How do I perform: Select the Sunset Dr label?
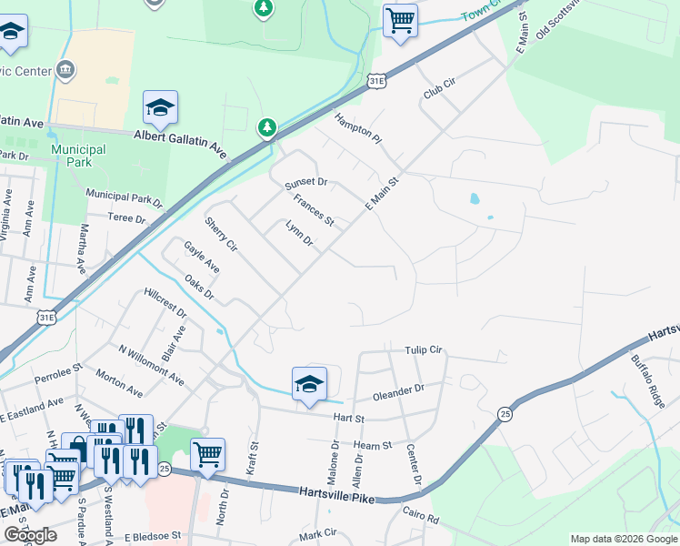tap(305, 184)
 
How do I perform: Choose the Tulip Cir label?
tap(423, 350)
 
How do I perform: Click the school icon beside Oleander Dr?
tap(309, 383)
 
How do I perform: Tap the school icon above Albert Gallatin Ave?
tap(160, 108)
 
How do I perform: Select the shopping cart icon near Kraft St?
tap(207, 454)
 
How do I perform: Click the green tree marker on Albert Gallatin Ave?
tap(267, 128)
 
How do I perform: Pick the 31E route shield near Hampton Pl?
tap(378, 82)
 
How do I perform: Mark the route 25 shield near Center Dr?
tap(505, 414)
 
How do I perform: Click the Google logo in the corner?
tap(30, 535)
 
